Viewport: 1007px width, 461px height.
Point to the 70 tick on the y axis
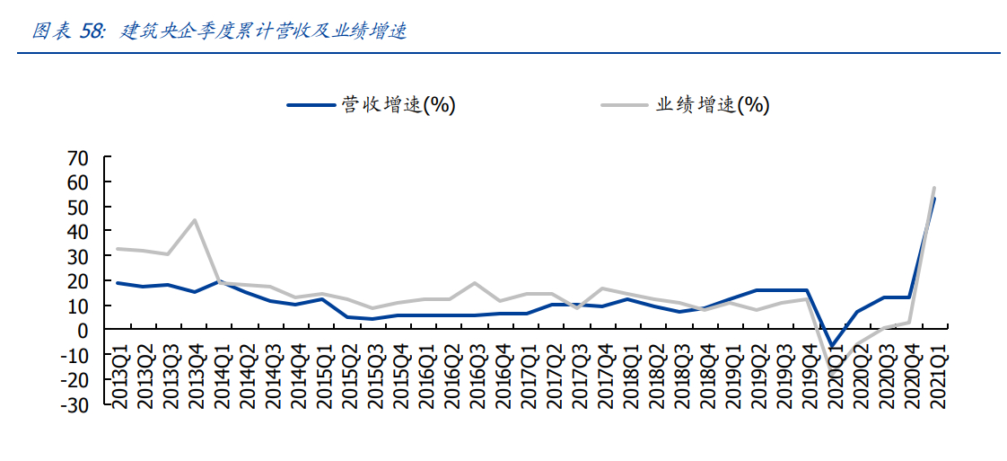click(x=78, y=158)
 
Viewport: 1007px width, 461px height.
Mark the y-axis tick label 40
click(x=78, y=232)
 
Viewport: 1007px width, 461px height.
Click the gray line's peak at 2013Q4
click(x=195, y=220)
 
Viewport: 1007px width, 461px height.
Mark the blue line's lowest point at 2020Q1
click(x=834, y=346)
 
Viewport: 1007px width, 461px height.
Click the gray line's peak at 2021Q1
click(x=935, y=188)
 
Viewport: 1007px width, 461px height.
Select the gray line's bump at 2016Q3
click(x=476, y=283)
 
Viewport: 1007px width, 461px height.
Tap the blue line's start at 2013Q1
click(x=118, y=283)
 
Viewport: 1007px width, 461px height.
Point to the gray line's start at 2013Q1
click(x=118, y=249)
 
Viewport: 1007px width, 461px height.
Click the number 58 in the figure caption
click(x=92, y=31)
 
